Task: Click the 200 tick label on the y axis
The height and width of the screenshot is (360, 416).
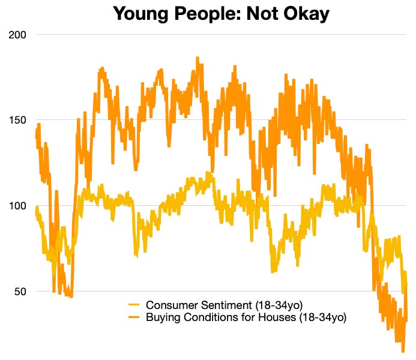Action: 17,34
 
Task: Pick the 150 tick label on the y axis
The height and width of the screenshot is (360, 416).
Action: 17,120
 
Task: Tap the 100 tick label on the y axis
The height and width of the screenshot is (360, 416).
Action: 17,206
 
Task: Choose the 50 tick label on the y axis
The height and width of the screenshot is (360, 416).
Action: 20,292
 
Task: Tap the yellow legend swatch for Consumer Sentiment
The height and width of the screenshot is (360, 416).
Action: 134,305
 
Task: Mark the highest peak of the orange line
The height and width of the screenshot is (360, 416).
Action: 197,58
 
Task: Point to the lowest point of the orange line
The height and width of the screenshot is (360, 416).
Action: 403,351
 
